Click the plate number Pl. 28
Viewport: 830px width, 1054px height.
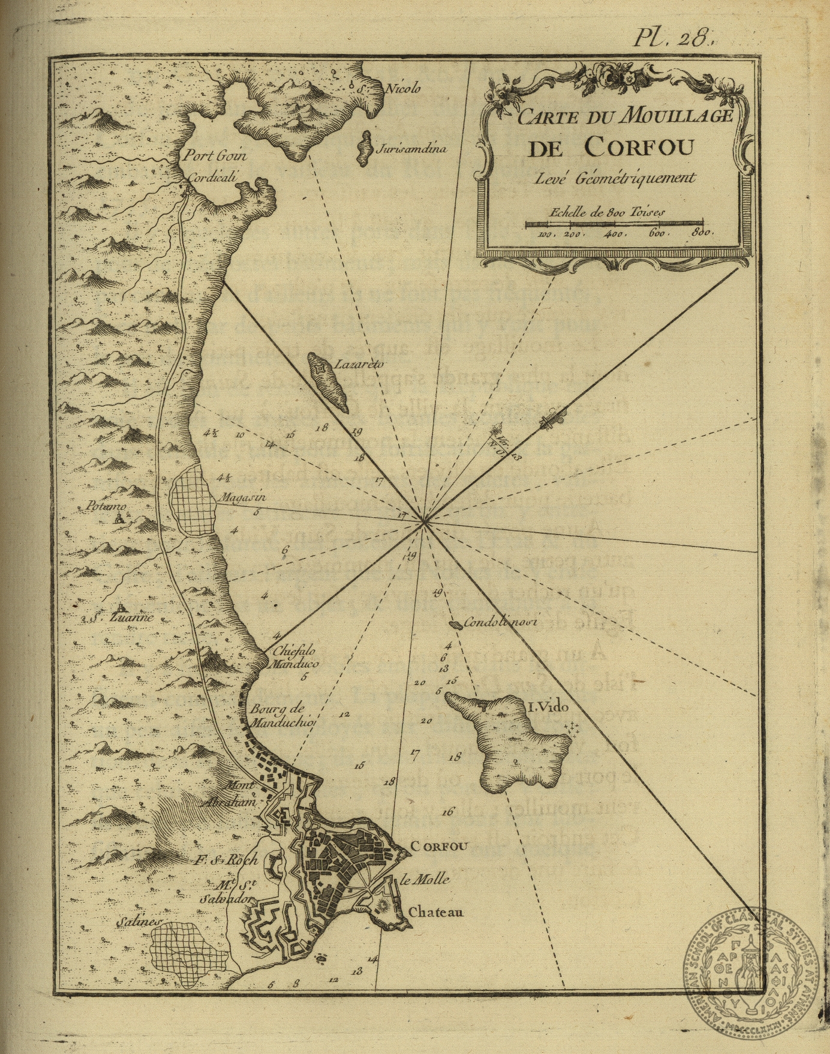(673, 38)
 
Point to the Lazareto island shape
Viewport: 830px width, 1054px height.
(327, 382)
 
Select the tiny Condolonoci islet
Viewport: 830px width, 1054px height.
(456, 624)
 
